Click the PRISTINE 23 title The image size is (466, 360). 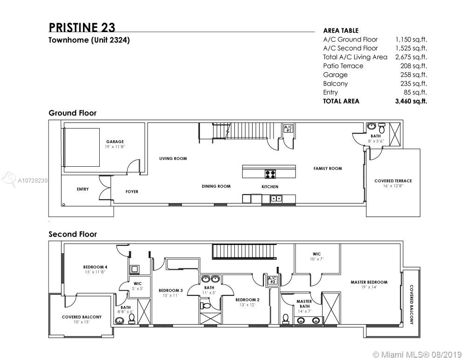[x=82, y=27]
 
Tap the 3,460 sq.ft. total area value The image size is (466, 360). [x=411, y=101]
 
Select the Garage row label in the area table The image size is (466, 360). [x=335, y=75]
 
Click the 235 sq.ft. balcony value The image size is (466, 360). [x=413, y=84]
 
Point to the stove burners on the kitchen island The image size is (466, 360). [x=270, y=174]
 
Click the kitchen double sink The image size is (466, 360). [x=276, y=198]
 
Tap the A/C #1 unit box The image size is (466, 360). [x=288, y=129]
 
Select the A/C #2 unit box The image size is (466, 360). [x=273, y=280]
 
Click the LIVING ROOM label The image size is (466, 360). [x=173, y=159]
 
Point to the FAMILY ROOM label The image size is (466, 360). [x=328, y=169]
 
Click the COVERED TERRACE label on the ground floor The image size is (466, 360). [x=393, y=181]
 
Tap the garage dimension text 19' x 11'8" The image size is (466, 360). [x=115, y=147]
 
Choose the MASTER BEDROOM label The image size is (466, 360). [x=369, y=282]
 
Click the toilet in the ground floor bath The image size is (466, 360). [x=382, y=129]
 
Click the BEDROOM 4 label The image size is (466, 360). [x=96, y=267]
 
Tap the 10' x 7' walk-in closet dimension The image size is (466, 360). [x=317, y=259]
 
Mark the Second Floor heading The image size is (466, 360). [x=73, y=234]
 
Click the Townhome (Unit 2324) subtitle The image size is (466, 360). [x=89, y=40]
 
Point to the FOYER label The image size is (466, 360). [x=132, y=191]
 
